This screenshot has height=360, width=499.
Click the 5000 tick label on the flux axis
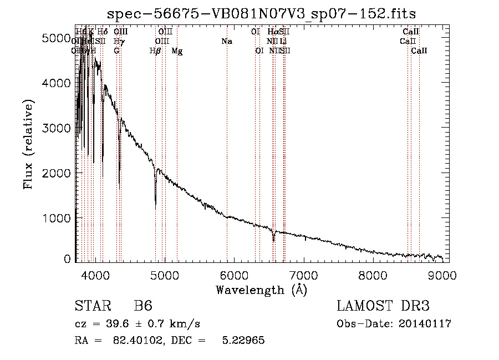(55, 38)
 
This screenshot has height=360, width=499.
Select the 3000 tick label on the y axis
(55, 128)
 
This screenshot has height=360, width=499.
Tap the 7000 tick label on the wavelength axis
(303, 274)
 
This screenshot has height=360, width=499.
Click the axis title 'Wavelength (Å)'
(261, 290)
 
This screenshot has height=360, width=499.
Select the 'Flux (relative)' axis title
(28, 144)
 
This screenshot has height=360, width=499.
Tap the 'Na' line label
(226, 41)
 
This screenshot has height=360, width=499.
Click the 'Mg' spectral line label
(177, 51)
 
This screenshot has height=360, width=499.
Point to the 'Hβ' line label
(155, 51)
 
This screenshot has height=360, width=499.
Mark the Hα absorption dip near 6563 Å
(273, 241)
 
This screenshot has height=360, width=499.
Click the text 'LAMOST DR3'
(383, 306)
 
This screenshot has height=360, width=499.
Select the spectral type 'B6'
(143, 306)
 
